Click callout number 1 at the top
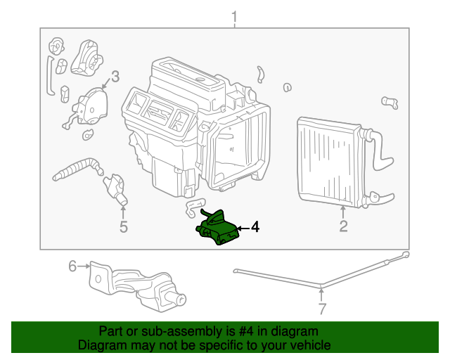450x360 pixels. [234, 16]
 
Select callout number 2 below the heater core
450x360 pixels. [343, 226]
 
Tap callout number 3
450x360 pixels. [115, 76]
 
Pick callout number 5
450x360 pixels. [124, 226]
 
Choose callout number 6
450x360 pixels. [72, 266]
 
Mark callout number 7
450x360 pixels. [321, 308]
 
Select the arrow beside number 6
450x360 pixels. [84, 266]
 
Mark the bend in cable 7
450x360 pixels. [321, 285]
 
